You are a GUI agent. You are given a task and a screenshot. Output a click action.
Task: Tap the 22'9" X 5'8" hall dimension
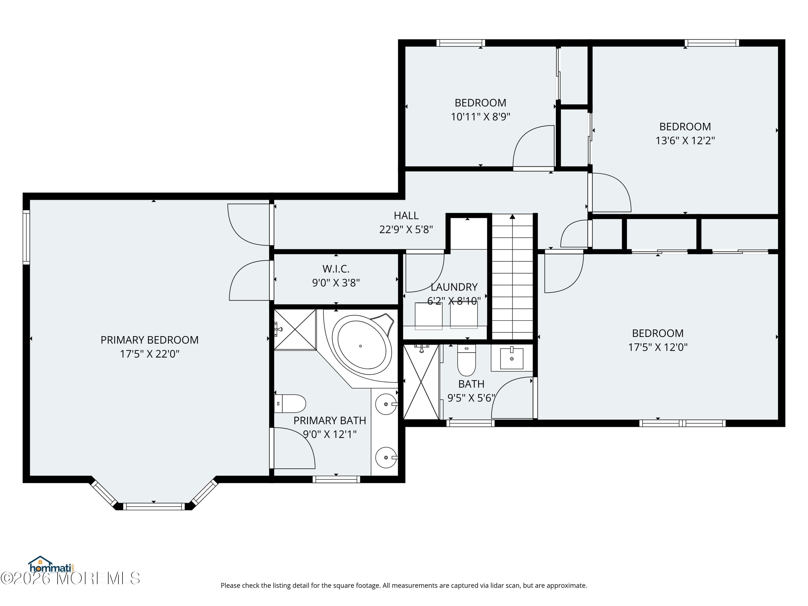[406, 229]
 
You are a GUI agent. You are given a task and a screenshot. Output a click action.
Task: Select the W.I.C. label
[336, 269]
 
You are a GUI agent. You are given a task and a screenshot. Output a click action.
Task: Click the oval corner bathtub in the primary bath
[361, 345]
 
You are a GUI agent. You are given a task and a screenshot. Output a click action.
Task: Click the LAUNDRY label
[454, 287]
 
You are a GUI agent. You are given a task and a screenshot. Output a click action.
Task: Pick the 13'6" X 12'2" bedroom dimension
[685, 141]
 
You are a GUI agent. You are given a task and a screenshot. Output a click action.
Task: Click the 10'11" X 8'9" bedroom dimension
[480, 117]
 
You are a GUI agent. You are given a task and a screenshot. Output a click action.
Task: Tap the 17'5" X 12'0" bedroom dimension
[657, 347]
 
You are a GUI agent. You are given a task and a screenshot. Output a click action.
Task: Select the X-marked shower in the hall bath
[421, 382]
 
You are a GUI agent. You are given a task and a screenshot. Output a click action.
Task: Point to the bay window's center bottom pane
[154, 506]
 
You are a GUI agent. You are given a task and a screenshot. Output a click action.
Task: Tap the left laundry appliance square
[429, 316]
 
